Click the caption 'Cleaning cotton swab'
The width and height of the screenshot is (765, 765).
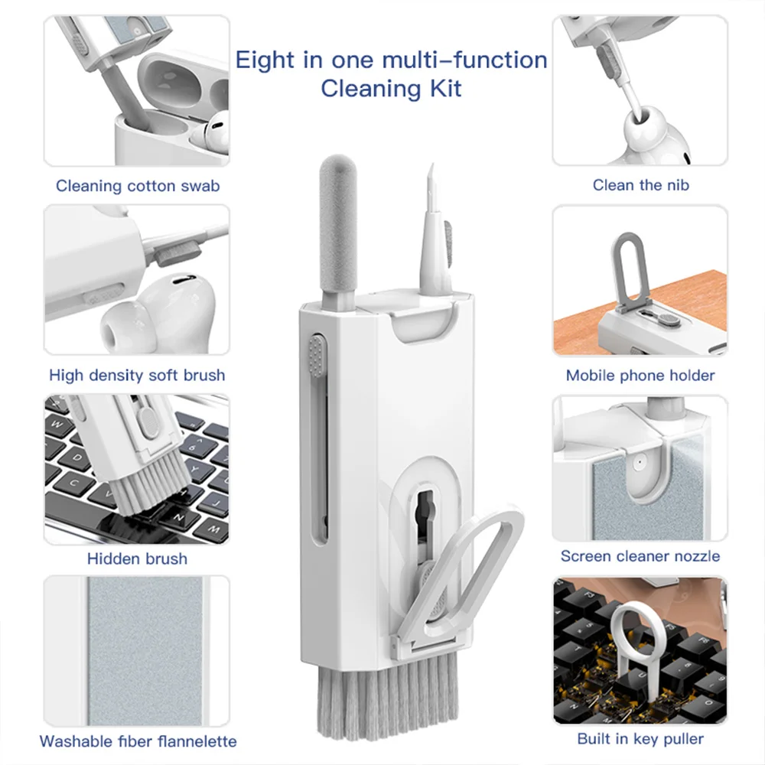coord(138,186)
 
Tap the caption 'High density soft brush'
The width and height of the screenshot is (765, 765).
coord(137,375)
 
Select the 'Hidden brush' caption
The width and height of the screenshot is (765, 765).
coord(137,558)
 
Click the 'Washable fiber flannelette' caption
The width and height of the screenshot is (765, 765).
coord(138,741)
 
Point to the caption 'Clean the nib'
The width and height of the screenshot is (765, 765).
coord(640,185)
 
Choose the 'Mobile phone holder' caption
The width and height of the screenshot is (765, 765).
coord(640,375)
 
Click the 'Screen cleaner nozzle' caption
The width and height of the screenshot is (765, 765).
coord(640,556)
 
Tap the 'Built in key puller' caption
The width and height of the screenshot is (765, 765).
coord(640,738)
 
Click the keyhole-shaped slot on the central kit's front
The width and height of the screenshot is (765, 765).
coord(423,513)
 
